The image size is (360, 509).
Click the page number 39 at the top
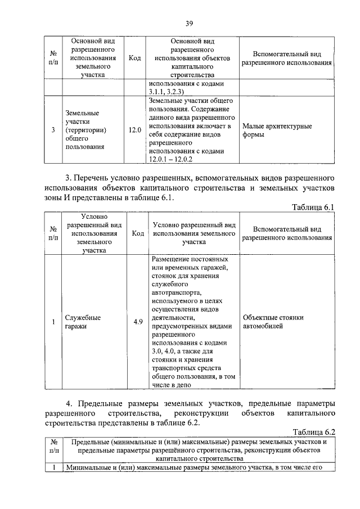tap(189, 23)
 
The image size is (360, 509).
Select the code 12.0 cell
tap(134, 130)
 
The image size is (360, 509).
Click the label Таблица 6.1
tap(313, 207)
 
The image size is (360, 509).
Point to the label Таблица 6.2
tap(313, 432)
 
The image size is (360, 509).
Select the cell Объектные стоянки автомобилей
tap(273, 322)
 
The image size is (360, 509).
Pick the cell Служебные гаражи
tap(83, 322)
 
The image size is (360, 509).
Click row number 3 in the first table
tap(53, 130)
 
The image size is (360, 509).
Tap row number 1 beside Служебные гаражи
tap(53, 322)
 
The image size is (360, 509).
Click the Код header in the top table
tap(134, 58)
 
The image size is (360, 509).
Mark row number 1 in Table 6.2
tap(53, 468)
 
